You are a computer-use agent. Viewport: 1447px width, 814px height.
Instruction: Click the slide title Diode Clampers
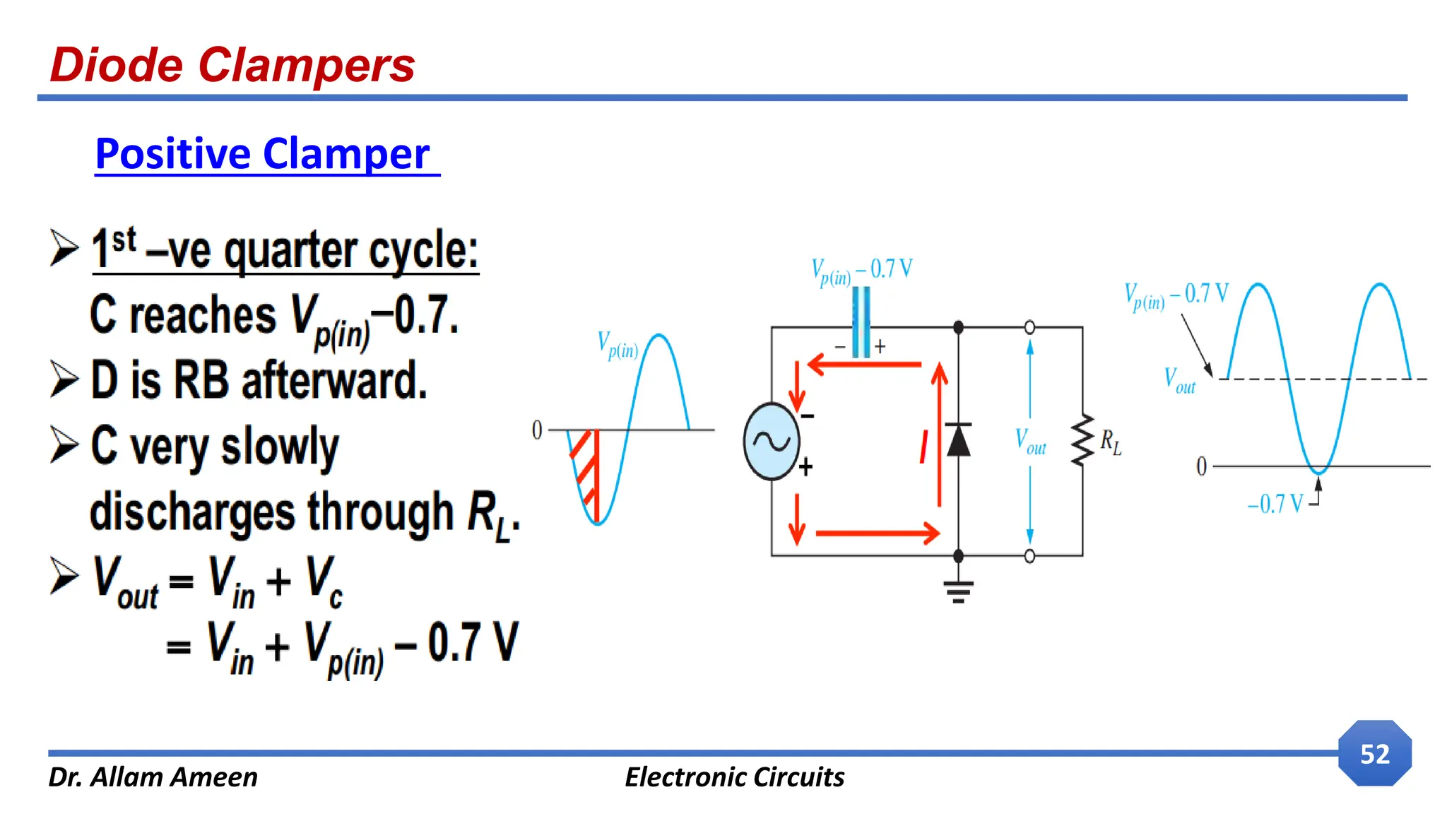[232, 65]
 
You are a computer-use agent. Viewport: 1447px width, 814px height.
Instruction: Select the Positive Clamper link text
[263, 154]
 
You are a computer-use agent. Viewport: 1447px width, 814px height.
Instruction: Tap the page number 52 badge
[1374, 754]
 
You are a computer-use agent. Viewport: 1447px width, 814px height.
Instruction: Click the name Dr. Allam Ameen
[153, 777]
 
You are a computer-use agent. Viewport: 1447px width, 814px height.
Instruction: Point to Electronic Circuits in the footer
[734, 777]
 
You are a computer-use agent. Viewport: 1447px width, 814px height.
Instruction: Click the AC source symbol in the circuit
[771, 442]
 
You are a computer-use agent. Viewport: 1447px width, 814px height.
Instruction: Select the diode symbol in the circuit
[958, 440]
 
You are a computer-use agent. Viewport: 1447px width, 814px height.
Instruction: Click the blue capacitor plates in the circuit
[861, 322]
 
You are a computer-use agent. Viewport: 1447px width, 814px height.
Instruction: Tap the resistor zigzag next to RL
[1082, 441]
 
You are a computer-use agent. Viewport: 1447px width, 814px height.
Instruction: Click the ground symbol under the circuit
[958, 591]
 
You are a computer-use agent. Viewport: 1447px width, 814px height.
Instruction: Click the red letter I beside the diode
[923, 447]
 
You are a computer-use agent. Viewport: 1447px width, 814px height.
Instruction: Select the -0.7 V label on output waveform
[1275, 504]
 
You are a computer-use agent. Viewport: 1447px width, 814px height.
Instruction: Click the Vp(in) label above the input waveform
[618, 346]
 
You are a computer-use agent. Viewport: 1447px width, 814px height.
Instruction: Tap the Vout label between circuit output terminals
[1030, 441]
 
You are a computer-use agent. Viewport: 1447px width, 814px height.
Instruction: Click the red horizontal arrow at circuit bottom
[877, 533]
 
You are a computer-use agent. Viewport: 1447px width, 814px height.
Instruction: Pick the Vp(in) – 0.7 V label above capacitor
[861, 271]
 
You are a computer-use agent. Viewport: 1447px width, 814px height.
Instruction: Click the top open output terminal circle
[1029, 327]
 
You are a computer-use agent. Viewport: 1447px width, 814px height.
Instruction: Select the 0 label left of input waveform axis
[537, 430]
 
